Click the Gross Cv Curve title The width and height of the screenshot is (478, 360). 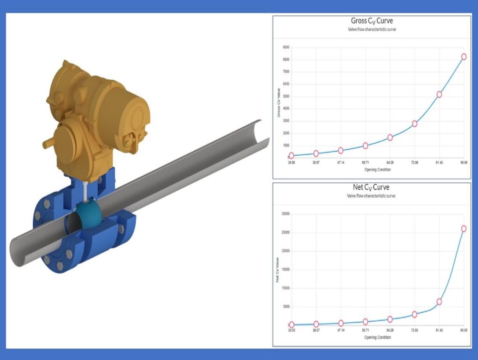(x=372, y=21)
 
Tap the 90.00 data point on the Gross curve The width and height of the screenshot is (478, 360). (x=464, y=57)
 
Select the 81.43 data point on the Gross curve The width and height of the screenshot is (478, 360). (x=439, y=94)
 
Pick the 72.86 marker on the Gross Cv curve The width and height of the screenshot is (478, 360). (x=415, y=124)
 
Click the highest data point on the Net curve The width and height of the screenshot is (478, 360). (x=464, y=228)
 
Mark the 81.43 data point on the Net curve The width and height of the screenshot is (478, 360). (x=439, y=302)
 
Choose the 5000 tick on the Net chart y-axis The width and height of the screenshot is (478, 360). (x=285, y=307)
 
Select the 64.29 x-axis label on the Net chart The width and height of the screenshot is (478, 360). (x=390, y=330)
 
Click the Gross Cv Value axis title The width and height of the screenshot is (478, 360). (x=278, y=103)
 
